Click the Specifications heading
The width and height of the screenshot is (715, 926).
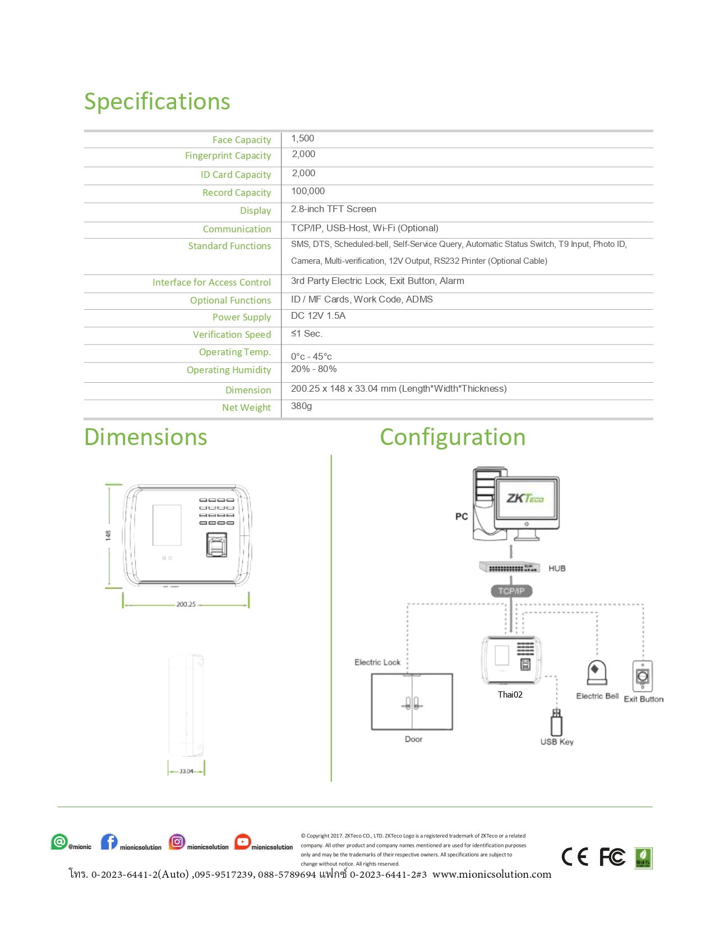(157, 102)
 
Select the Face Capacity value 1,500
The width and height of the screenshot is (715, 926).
(302, 139)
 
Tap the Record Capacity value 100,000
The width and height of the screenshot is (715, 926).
(308, 191)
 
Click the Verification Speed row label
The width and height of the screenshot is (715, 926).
(232, 334)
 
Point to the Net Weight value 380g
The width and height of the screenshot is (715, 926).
(301, 406)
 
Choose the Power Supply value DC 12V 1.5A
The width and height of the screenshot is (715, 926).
(318, 316)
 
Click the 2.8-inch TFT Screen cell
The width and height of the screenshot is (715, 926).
(333, 209)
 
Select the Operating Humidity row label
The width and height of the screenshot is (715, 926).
(229, 370)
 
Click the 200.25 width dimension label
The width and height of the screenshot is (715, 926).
(186, 604)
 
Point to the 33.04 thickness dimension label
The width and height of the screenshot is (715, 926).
(186, 771)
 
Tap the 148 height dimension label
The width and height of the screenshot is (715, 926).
(108, 535)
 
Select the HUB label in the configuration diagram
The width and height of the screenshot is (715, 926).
(557, 569)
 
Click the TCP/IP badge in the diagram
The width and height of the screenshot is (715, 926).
(511, 591)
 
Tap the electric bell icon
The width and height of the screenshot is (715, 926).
(597, 672)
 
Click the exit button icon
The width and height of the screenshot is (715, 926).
(643, 676)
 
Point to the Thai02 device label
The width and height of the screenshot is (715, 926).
(510, 695)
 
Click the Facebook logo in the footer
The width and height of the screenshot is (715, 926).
(109, 842)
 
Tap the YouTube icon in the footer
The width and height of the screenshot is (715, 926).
(242, 842)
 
